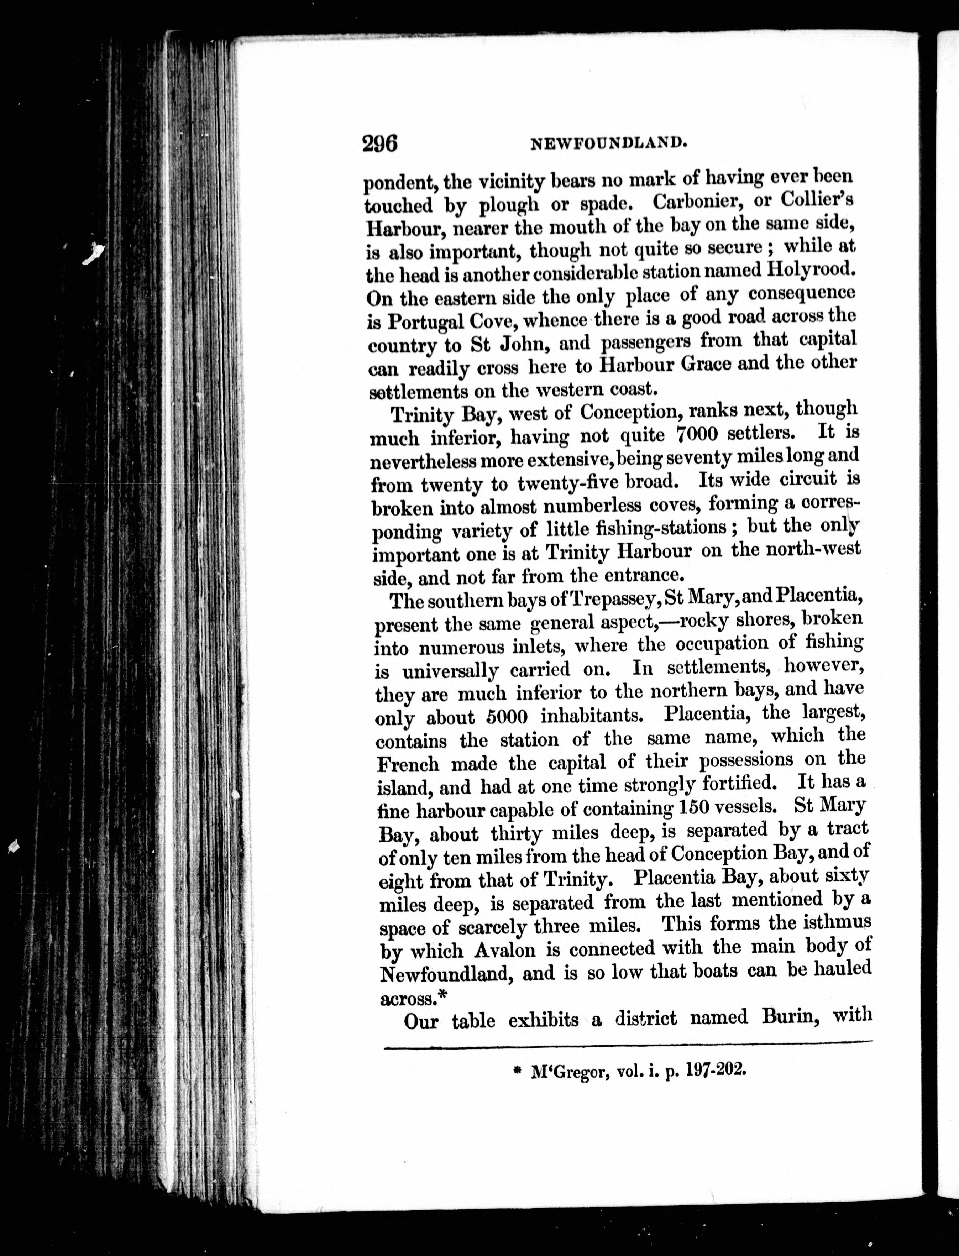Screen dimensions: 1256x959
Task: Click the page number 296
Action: point(379,143)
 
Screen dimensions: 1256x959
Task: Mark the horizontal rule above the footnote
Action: point(628,1044)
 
